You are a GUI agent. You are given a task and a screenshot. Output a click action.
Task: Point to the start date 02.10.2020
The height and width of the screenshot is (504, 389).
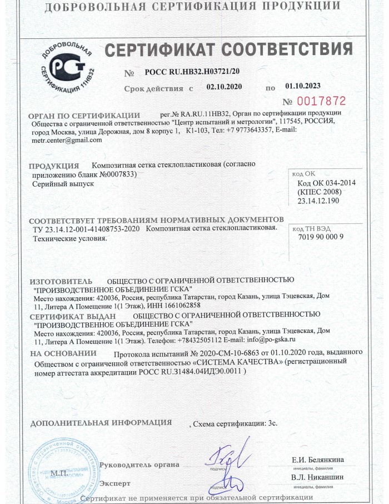coord(225,87)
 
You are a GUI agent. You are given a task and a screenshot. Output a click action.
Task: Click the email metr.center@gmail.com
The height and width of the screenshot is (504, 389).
coord(67,140)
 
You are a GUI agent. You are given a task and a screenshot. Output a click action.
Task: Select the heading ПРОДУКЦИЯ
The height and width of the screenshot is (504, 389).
coord(53,166)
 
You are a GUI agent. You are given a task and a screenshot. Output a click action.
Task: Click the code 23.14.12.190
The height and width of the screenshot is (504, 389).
coord(317,201)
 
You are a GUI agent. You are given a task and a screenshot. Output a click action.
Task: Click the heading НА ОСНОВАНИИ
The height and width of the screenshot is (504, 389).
coord(63,353)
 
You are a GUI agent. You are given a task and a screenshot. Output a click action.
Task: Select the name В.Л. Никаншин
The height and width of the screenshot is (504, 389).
coord(317,477)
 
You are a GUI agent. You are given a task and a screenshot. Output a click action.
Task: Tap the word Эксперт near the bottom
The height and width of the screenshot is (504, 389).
coord(115,483)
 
